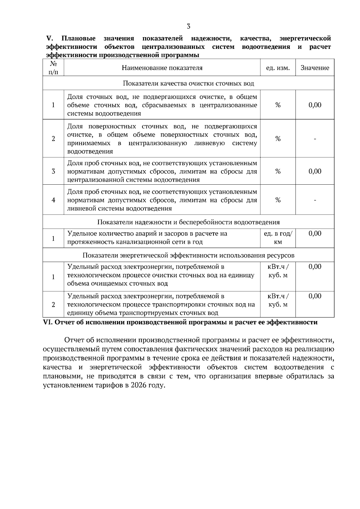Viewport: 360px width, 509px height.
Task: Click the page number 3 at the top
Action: (x=188, y=26)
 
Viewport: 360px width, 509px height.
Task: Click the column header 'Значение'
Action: (x=315, y=68)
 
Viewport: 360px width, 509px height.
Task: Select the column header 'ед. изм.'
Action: (x=278, y=68)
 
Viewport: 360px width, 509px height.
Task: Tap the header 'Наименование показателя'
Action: (x=162, y=68)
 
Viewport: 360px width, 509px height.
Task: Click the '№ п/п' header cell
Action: (x=53, y=68)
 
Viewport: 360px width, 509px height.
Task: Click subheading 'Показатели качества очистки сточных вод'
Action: (x=188, y=83)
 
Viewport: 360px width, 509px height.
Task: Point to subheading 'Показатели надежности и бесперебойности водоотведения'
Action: (x=188, y=222)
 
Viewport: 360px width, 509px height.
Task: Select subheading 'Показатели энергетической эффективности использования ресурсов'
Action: (x=188, y=255)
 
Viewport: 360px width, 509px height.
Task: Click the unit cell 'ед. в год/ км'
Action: (x=278, y=238)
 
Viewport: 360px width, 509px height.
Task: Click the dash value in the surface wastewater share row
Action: (x=315, y=139)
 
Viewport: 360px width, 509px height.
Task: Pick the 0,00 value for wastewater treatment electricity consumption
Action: (x=315, y=267)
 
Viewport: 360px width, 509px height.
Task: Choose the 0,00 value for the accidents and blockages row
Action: (x=315, y=234)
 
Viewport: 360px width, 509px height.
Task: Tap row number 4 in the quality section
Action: (x=53, y=200)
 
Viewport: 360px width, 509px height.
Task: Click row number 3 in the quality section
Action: (x=53, y=171)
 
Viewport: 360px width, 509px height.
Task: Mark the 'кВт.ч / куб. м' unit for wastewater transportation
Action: (x=278, y=300)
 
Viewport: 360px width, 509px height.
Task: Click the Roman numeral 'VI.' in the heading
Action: (x=48, y=323)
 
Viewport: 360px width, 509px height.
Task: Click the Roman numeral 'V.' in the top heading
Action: (x=49, y=38)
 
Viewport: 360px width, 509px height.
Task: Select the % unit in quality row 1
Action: (x=278, y=105)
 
